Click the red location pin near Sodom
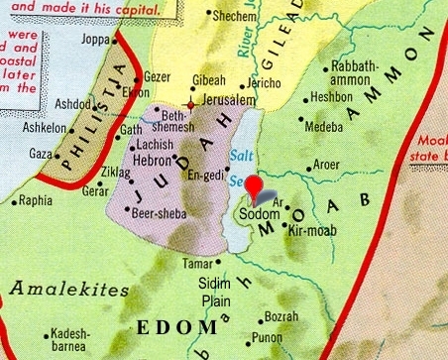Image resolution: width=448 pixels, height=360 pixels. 256,187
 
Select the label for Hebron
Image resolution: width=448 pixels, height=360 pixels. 156,159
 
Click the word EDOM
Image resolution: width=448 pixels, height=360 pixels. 179,326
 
